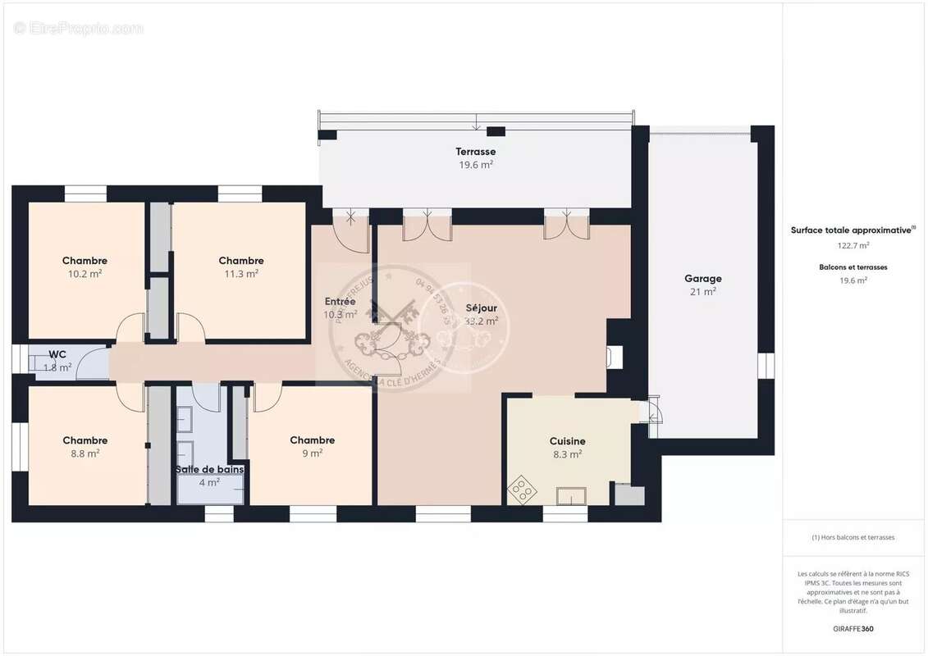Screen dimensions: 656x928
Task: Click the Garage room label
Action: [x=702, y=278]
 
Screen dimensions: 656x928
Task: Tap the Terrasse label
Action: [x=476, y=152]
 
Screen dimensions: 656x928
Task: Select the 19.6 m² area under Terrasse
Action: [x=476, y=165]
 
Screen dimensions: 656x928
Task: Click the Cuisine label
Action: [x=566, y=441]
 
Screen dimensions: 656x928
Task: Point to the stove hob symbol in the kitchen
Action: [x=520, y=490]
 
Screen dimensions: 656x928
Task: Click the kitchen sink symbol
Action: [x=572, y=495]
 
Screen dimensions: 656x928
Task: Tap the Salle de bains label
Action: [x=209, y=470]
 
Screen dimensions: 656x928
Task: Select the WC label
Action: [x=57, y=354]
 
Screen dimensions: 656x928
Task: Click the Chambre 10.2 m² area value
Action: [x=85, y=274]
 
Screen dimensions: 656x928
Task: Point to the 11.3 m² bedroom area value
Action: [x=241, y=274]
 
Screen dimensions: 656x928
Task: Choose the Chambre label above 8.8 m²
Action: [x=85, y=440]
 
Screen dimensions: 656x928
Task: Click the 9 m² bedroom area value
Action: [x=312, y=453]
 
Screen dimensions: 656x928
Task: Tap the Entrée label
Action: [x=340, y=301]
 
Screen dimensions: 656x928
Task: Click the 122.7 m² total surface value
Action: [x=853, y=244]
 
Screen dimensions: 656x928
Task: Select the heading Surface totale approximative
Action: [x=852, y=230]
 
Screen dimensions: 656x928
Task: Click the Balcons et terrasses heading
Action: [x=853, y=267]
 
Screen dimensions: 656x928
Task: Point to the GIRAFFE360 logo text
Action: [x=853, y=629]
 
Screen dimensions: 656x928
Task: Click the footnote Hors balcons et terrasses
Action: [x=853, y=537]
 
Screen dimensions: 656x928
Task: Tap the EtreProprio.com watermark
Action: [x=79, y=29]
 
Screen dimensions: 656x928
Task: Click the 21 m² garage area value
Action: [x=702, y=291]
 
